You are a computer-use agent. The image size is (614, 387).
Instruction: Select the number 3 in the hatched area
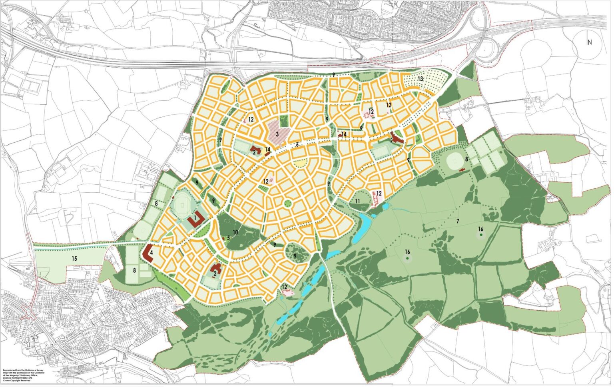(277, 133)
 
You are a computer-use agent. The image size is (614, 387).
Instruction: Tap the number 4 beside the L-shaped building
(152, 253)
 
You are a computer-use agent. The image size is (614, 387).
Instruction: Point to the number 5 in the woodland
(228, 237)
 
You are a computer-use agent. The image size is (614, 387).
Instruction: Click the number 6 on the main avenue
(297, 144)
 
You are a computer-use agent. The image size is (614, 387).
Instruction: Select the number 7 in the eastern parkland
(458, 221)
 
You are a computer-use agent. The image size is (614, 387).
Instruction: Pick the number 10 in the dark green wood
(235, 232)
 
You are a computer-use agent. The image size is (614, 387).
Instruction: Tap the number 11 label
(358, 201)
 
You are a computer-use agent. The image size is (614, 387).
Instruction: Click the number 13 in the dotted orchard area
(420, 79)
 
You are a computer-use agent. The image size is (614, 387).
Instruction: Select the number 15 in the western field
(74, 259)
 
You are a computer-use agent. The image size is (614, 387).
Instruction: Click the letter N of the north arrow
(589, 42)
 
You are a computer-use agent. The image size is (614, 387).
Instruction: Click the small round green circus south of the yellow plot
(287, 203)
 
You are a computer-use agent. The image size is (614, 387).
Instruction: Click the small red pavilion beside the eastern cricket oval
(462, 170)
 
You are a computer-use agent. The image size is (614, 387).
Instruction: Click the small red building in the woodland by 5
(223, 238)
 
